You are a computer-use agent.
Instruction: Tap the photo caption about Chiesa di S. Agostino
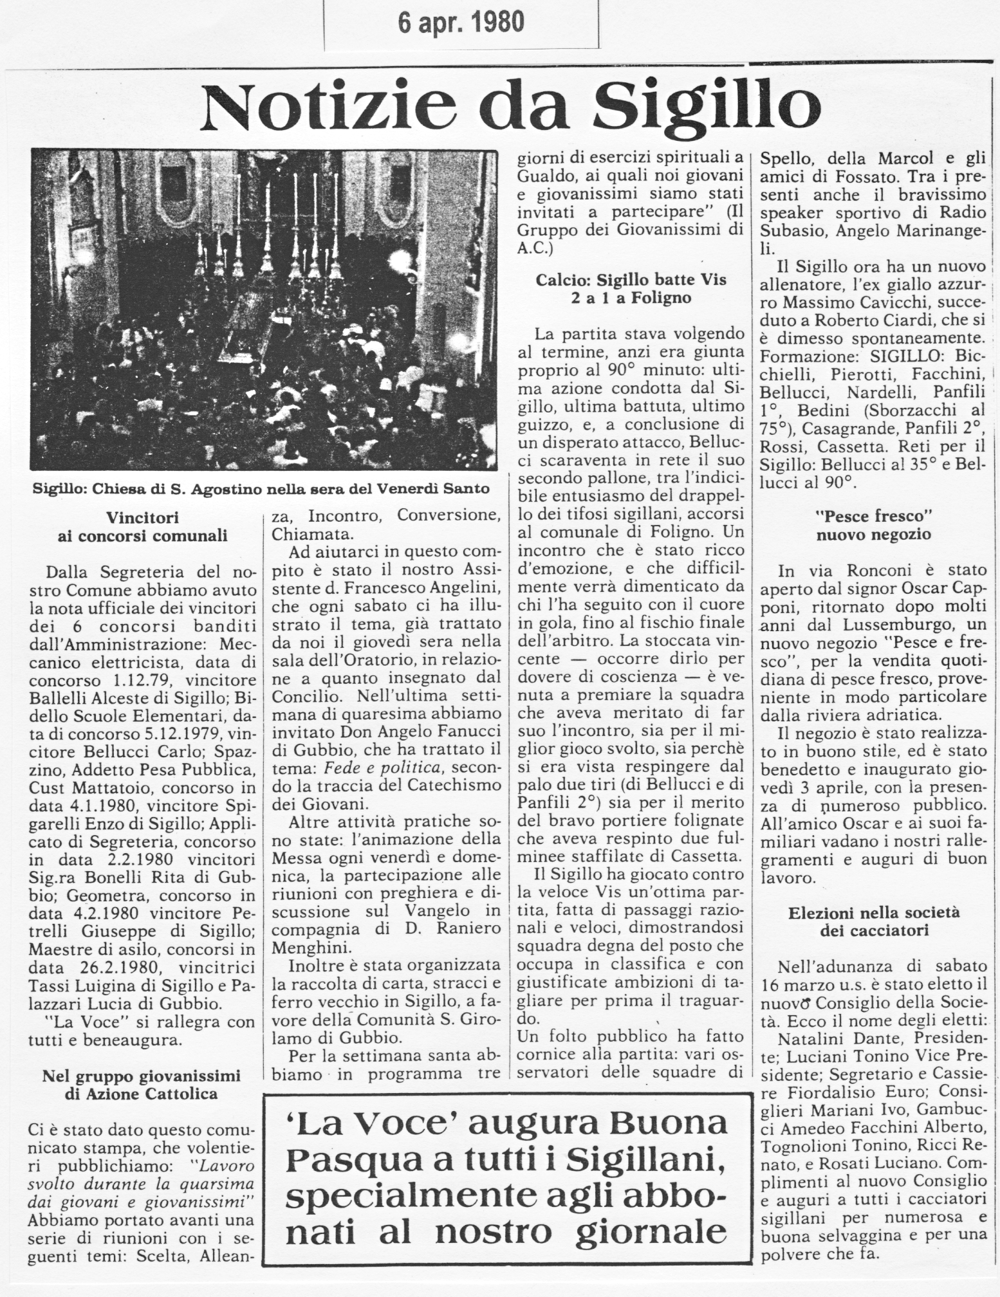click(x=261, y=489)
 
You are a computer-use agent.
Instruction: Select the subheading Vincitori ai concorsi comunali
click(x=142, y=526)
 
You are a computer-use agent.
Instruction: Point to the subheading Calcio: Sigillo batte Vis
click(x=631, y=288)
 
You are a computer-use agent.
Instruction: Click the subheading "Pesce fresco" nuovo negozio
click(x=873, y=524)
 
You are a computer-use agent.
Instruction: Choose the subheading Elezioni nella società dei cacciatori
click(x=873, y=921)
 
